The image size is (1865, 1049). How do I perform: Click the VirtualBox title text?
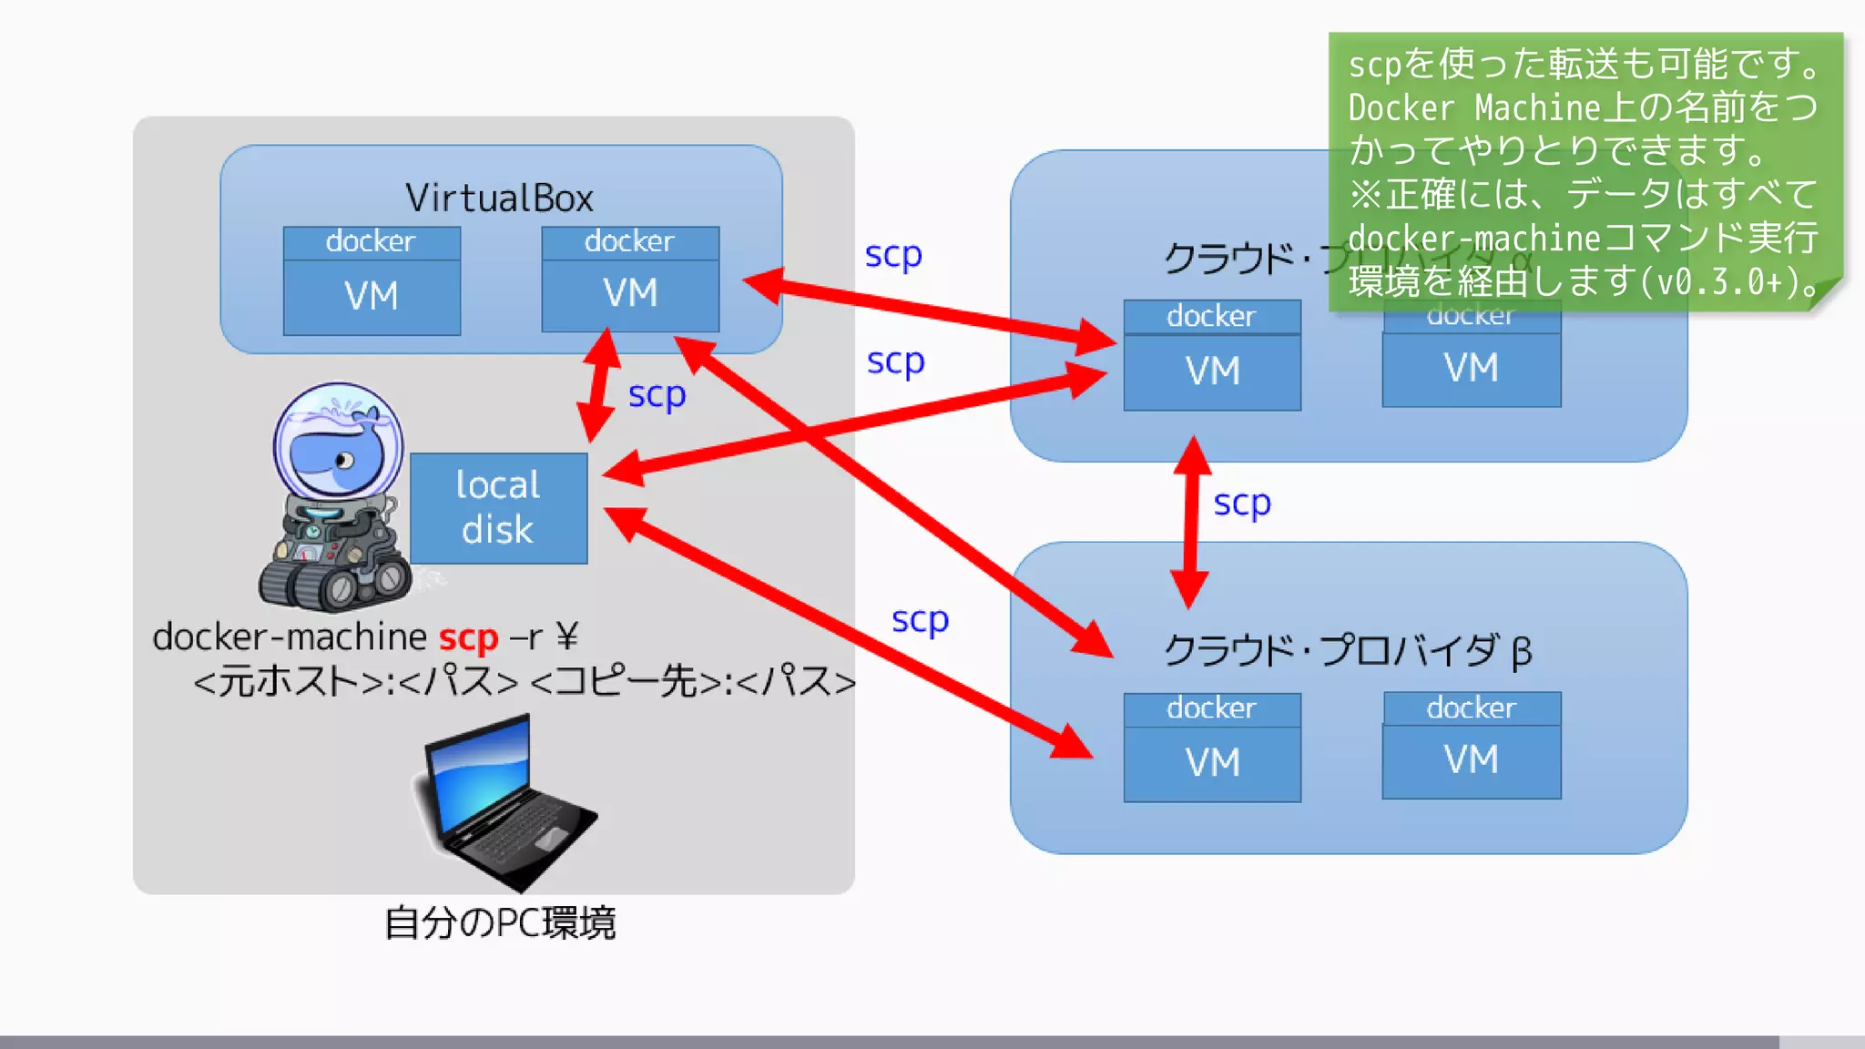(499, 198)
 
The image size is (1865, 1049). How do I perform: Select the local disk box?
(498, 507)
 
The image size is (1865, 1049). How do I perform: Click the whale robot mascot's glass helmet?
(338, 441)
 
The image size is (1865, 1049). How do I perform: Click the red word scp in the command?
(468, 637)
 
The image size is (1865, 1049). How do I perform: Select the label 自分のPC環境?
(500, 922)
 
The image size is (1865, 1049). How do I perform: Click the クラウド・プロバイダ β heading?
(1348, 650)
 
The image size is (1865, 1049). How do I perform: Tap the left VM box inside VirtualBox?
(372, 296)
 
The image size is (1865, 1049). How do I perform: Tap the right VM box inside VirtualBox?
(630, 293)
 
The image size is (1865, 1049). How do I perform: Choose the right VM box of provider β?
(1472, 759)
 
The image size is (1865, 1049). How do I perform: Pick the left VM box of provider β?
(1212, 762)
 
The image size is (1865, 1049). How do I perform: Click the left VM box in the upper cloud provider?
(1212, 371)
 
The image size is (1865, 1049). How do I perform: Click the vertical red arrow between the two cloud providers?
(1191, 521)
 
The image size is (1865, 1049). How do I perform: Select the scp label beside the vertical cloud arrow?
(1241, 503)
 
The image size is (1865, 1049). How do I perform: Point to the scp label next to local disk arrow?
(657, 394)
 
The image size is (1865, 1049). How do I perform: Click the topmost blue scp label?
(892, 254)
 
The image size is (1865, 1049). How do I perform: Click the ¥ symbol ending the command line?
(566, 637)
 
